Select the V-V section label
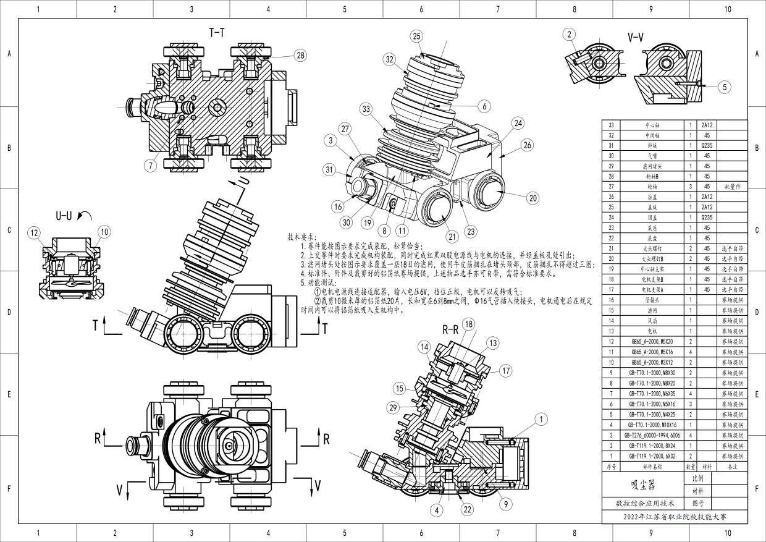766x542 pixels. click(x=637, y=38)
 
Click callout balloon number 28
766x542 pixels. click(x=300, y=56)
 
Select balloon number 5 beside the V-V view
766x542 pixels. click(x=725, y=87)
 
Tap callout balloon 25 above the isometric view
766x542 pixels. click(x=417, y=36)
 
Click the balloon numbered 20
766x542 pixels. click(x=533, y=198)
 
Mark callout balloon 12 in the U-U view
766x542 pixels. click(x=104, y=232)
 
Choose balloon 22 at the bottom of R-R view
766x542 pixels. click(x=467, y=510)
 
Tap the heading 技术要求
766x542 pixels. click(x=301, y=237)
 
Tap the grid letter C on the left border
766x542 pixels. click(x=9, y=231)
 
